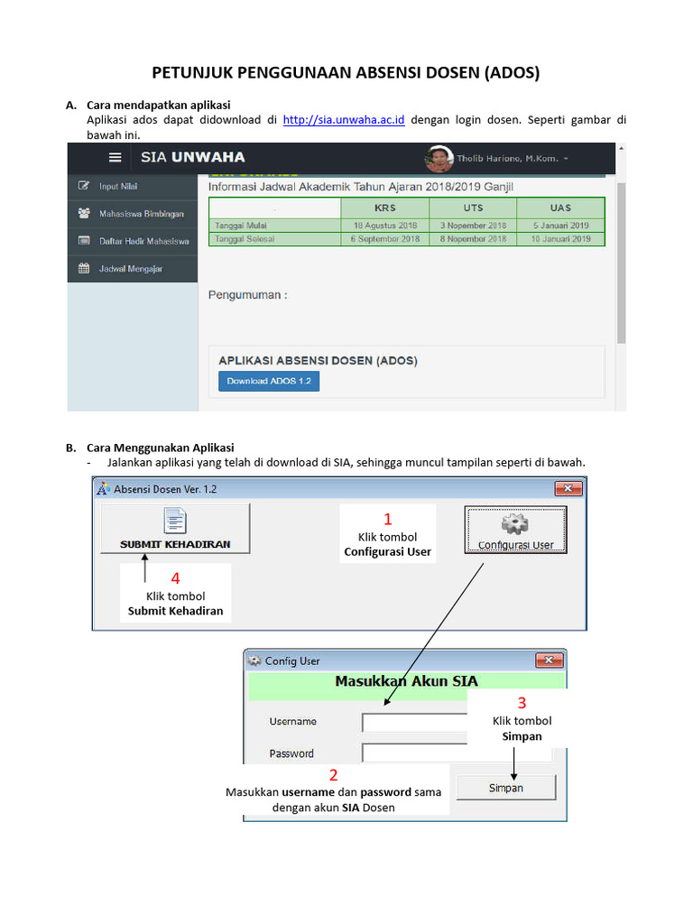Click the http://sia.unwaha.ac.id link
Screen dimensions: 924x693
click(x=343, y=120)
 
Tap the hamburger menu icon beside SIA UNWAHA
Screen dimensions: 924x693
click(x=115, y=157)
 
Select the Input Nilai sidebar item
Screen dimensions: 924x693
click(x=118, y=187)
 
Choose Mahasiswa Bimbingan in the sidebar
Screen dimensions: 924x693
click(x=141, y=214)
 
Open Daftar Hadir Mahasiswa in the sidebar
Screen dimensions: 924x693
click(x=143, y=241)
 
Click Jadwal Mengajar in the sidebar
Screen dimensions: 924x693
click(x=130, y=269)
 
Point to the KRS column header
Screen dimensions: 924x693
click(x=386, y=208)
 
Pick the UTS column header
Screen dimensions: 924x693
click(x=473, y=208)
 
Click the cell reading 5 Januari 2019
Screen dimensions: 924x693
click(x=559, y=225)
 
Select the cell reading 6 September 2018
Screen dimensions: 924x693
click(x=386, y=239)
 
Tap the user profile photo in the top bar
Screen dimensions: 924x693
click(x=439, y=159)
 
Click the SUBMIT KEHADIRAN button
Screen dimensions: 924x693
click(x=175, y=529)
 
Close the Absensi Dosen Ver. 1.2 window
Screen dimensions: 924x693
click(x=568, y=489)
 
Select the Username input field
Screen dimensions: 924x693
click(x=415, y=722)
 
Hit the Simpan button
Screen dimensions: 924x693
click(x=505, y=788)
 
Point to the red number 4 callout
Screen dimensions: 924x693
click(x=176, y=578)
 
